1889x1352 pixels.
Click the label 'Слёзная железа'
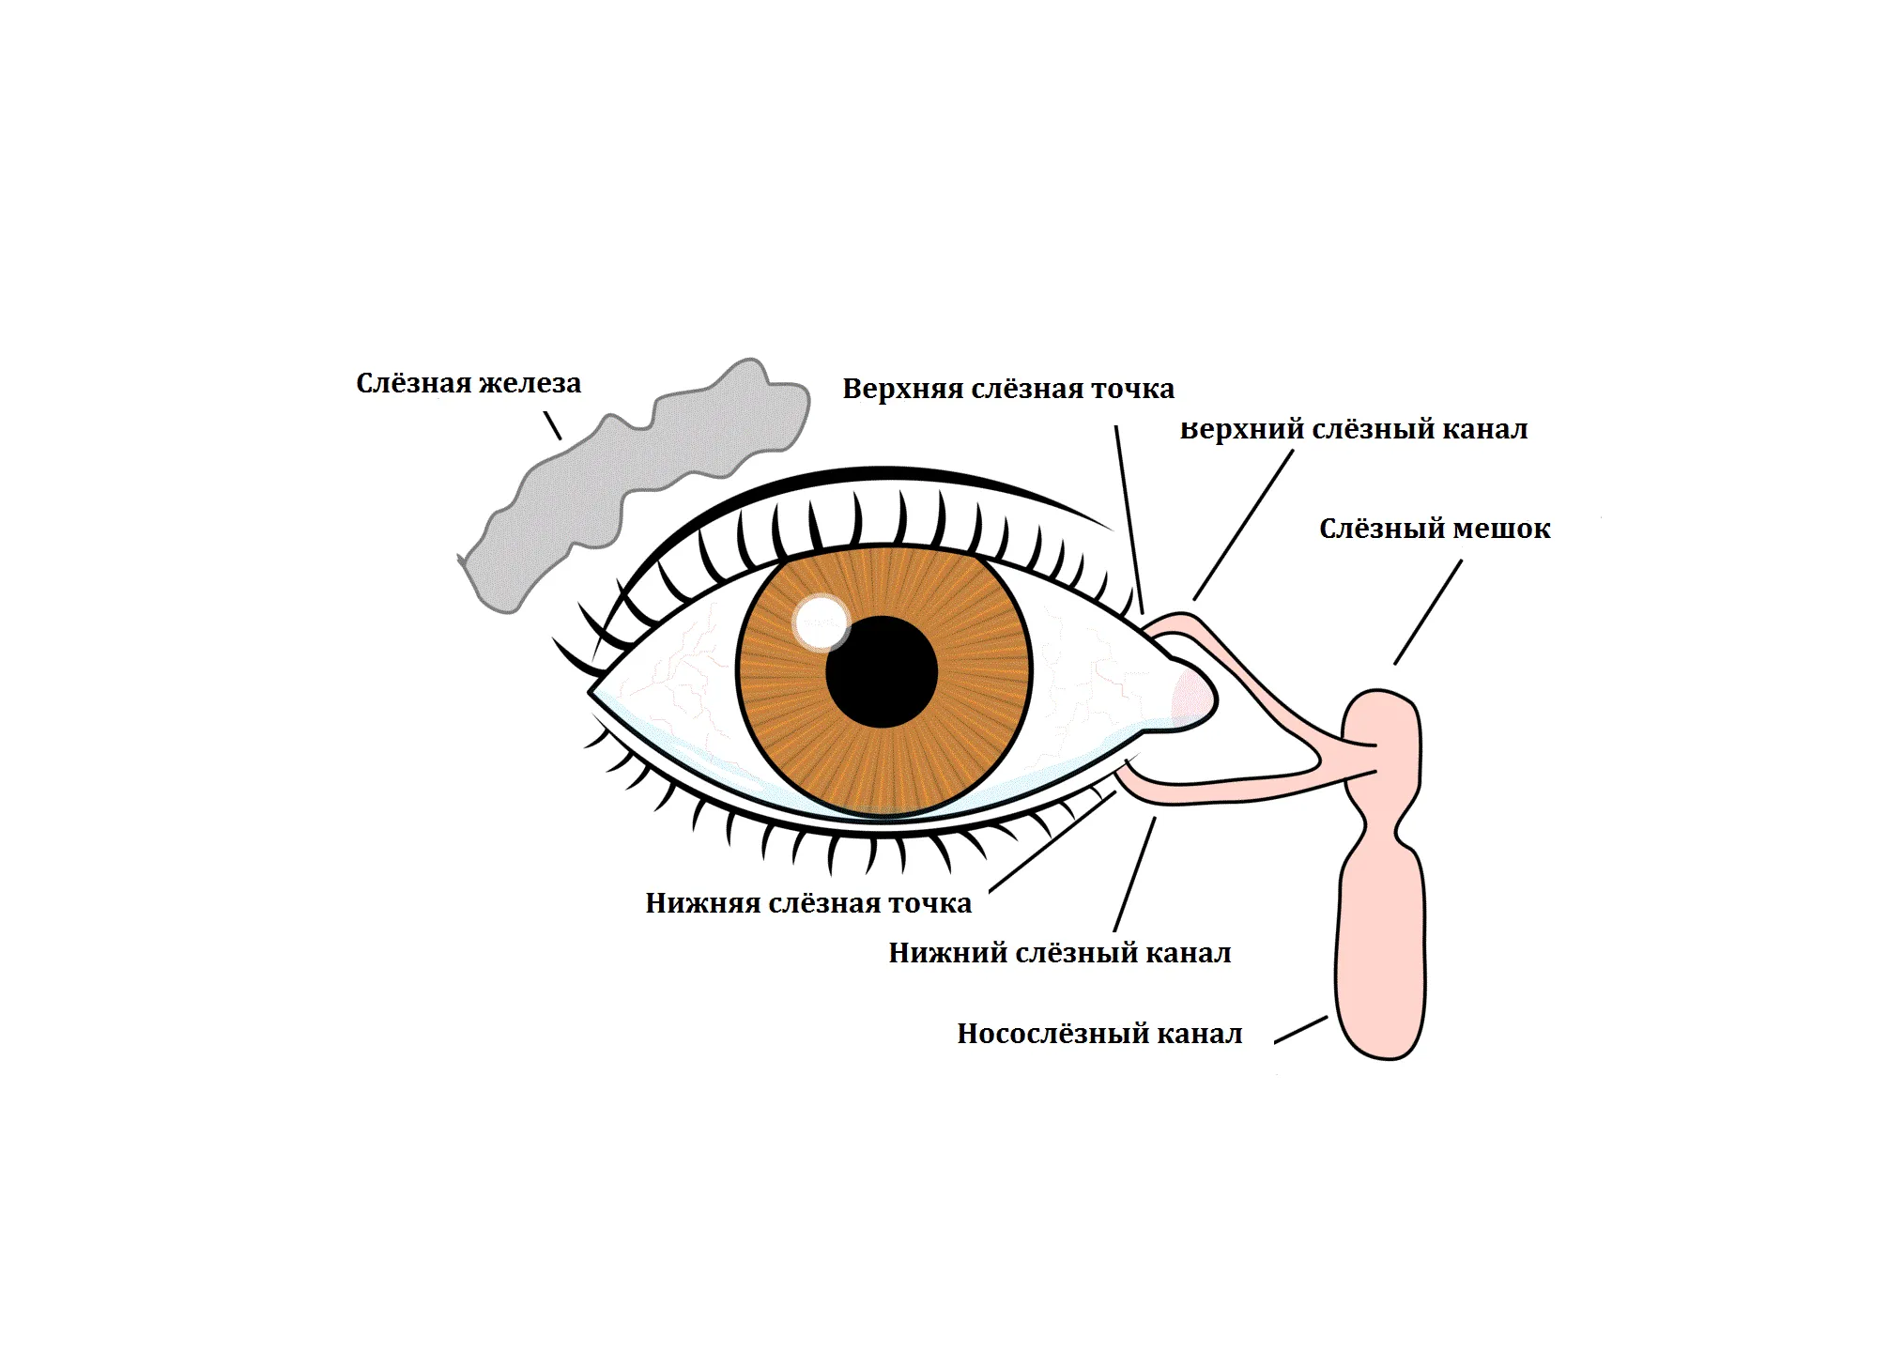click(468, 383)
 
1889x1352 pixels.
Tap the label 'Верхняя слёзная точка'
click(1008, 389)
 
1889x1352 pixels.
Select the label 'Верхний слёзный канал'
click(1354, 429)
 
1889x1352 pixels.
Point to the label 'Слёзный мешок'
click(1435, 529)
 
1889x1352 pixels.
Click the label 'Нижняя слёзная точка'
click(808, 903)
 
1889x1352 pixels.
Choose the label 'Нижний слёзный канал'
click(1060, 953)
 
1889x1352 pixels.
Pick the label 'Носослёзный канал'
click(1099, 1034)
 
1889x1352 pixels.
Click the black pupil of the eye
click(882, 671)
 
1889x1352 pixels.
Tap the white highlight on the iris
click(822, 622)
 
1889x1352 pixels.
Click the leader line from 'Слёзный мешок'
click(1428, 612)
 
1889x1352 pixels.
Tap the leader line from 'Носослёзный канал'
click(1301, 1029)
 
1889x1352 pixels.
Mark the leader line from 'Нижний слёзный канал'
click(1135, 874)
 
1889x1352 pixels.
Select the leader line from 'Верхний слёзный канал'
click(1243, 525)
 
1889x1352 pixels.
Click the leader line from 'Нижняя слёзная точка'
click(1052, 841)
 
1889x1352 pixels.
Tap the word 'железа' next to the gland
click(530, 383)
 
